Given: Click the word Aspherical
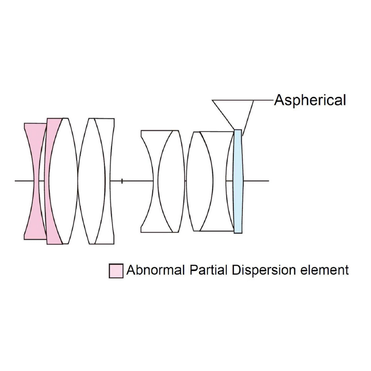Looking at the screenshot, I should [310, 100].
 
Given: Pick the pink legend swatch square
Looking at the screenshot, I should [116, 271].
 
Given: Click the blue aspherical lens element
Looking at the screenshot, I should [238, 181].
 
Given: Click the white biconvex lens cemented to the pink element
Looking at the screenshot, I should [63, 181].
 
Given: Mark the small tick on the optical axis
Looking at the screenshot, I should [122, 181].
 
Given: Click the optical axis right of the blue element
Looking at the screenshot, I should [257, 181].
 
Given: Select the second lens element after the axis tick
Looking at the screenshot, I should [172, 181].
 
